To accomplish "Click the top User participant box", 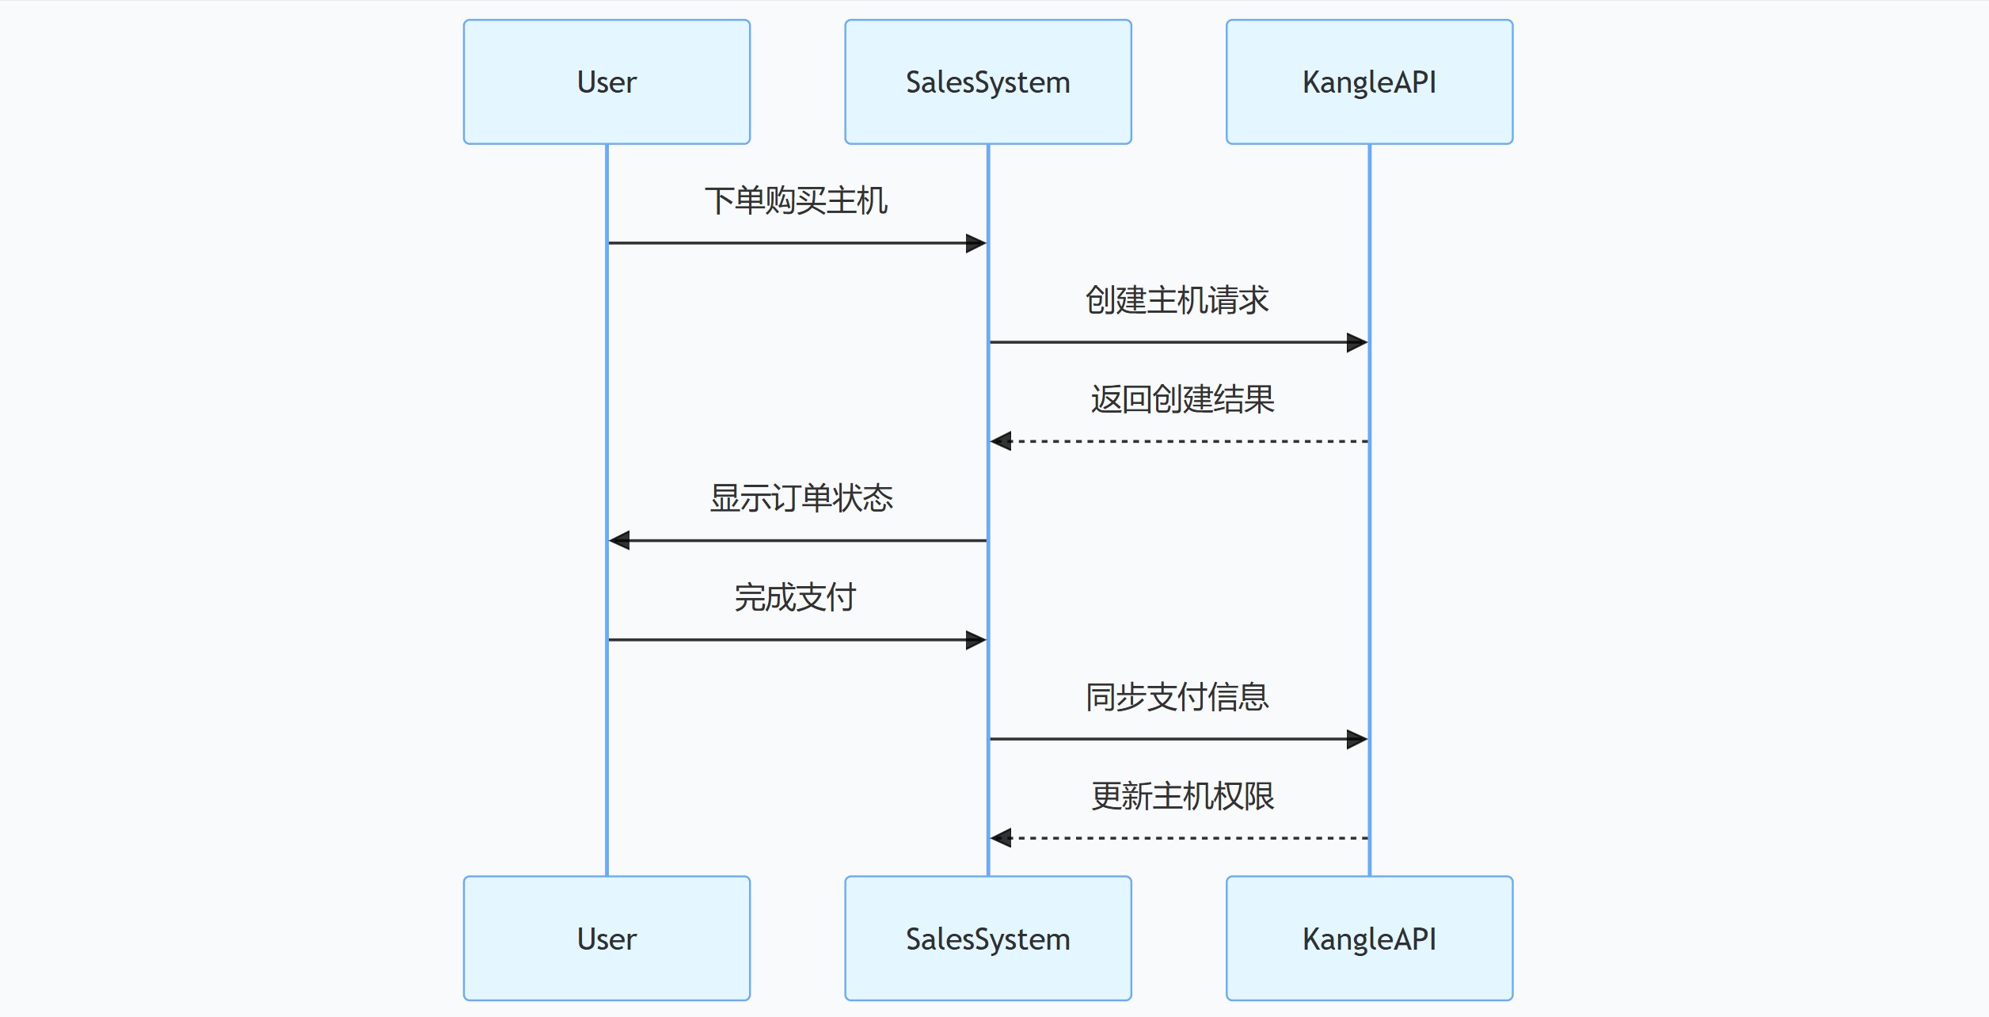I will (607, 82).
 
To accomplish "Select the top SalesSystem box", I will (987, 82).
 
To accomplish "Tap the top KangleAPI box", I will (1369, 82).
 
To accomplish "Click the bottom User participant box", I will (607, 938).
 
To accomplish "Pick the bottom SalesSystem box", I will (987, 938).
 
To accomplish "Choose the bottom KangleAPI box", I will (1369, 938).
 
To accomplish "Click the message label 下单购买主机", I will (796, 200).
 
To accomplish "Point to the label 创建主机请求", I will (1177, 300).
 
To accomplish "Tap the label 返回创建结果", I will (1182, 399).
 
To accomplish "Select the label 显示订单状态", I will (801, 498).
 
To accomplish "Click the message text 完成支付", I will (796, 597).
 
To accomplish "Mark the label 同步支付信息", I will (1177, 697).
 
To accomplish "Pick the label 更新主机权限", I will (1182, 796).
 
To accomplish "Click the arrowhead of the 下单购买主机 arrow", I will (976, 243).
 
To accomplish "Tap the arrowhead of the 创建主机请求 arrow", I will (1357, 342).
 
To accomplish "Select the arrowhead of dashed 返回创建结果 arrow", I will (1001, 441).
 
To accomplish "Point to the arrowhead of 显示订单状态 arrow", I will (619, 540).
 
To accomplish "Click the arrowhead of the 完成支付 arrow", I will (976, 640).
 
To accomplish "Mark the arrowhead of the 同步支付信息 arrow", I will (1357, 739).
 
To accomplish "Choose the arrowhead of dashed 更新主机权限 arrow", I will (1001, 838).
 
